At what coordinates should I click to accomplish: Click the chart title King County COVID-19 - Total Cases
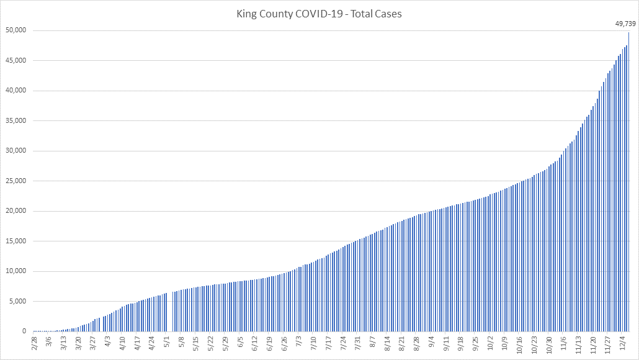point(319,13)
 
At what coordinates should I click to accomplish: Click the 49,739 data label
point(625,24)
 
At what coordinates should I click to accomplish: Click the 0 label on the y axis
point(23,331)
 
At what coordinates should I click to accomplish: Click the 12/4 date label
point(622,342)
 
